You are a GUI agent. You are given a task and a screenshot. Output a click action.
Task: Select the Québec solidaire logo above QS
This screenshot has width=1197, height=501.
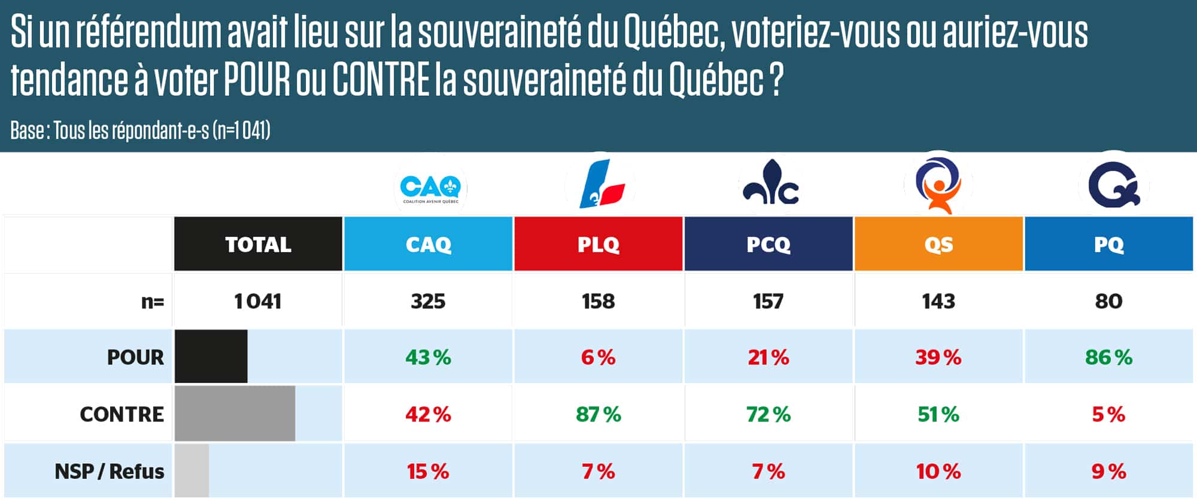coord(938,186)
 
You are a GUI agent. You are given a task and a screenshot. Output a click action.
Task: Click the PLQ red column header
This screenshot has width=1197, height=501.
coord(598,244)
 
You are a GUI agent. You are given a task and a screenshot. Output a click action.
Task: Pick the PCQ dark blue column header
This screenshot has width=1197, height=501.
coord(768,244)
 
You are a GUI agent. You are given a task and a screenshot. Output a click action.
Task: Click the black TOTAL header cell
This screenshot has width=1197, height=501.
coord(258,244)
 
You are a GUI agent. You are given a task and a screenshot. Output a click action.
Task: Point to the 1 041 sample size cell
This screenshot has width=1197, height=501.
coord(258,301)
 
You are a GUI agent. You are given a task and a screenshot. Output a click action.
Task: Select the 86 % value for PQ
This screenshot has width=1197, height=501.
coord(1108,357)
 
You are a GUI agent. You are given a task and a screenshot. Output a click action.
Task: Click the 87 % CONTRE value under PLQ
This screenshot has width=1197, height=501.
coord(598,414)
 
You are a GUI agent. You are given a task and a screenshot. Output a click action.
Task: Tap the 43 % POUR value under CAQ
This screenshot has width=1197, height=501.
coord(428,357)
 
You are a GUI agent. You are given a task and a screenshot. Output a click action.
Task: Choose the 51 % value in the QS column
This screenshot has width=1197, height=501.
coord(938,414)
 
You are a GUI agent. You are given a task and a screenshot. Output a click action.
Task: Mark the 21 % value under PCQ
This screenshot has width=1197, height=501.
coord(768,357)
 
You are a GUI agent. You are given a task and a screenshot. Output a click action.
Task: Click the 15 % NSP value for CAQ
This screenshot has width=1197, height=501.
coord(428,471)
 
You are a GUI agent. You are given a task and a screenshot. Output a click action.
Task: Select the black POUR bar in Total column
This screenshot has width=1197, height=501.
coord(211,356)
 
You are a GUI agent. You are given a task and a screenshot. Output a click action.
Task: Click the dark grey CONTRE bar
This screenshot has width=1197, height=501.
coord(235,414)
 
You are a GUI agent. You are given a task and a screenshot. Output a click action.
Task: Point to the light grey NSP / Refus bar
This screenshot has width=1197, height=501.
coord(192,470)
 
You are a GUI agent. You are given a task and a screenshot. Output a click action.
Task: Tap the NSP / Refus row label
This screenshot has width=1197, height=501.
coord(109,471)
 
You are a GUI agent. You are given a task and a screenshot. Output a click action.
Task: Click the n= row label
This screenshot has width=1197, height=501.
coord(152,302)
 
